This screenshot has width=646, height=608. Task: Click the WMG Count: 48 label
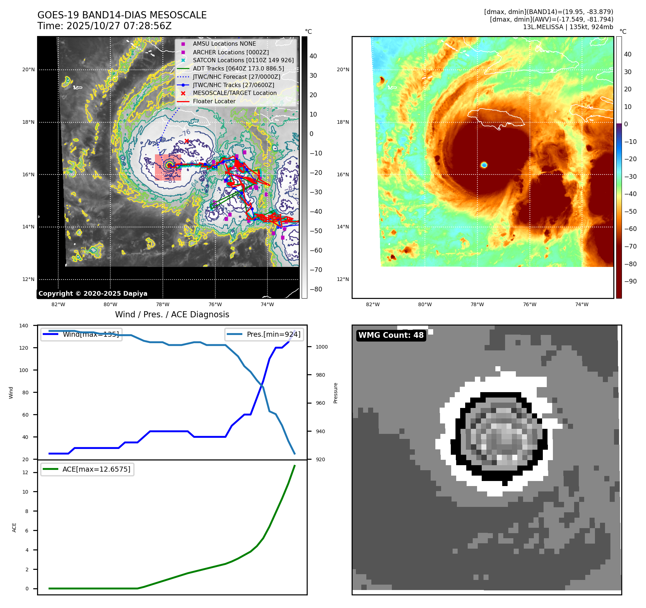pos(391,335)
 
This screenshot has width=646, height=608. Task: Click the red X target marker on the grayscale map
pos(187,141)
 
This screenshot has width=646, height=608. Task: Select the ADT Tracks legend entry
pos(238,68)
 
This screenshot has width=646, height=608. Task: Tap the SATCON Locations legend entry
pos(243,60)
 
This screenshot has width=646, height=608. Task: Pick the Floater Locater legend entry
pos(214,101)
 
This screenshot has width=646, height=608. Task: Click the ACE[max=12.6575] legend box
pos(87,469)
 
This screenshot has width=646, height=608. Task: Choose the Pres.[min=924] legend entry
pos(264,334)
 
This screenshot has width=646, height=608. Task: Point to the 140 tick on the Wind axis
pos(24,326)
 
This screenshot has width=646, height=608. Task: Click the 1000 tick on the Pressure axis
pos(322,347)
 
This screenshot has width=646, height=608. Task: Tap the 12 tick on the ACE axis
pos(25,472)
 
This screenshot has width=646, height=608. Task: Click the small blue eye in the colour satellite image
pos(484,165)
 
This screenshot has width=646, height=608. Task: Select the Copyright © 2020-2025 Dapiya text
pos(93,294)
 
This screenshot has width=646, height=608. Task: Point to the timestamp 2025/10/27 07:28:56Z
pos(119,26)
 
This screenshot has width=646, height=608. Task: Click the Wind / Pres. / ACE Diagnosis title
pos(172,314)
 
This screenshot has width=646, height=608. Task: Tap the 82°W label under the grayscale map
pos(58,304)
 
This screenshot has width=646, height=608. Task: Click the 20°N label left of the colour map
pos(343,69)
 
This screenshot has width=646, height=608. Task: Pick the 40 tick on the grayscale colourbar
pos(313,56)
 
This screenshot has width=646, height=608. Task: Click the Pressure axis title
pos(335,393)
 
